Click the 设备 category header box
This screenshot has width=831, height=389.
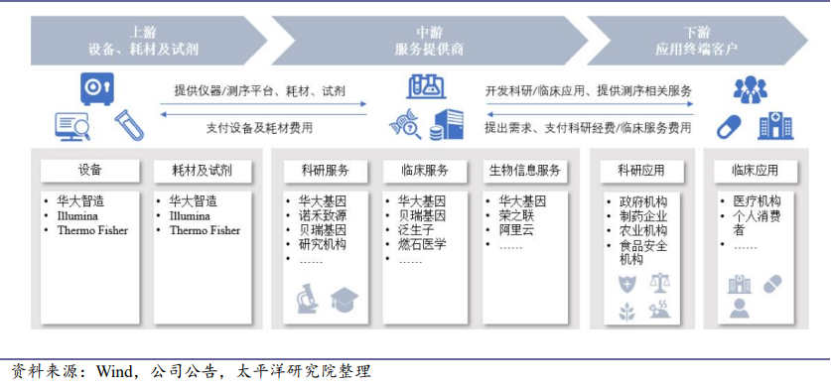(x=90, y=171)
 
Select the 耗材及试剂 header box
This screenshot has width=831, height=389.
(x=203, y=171)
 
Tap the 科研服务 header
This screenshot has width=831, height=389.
(x=326, y=171)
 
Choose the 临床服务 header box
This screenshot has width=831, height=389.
(x=425, y=171)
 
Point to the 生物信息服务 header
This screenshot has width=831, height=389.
(x=524, y=171)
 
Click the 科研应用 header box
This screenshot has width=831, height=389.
(x=641, y=171)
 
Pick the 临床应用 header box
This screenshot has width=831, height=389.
(x=755, y=171)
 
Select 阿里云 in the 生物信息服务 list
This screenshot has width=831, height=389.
(x=516, y=230)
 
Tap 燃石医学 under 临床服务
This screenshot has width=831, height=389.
(x=422, y=244)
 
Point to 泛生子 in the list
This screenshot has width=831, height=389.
(x=416, y=230)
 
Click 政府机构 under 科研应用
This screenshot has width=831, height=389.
(x=643, y=202)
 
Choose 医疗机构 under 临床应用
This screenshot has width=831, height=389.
(x=757, y=201)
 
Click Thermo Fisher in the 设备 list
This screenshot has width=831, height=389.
(x=92, y=230)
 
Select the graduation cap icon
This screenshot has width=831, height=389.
(x=345, y=299)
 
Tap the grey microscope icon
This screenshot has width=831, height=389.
(x=308, y=299)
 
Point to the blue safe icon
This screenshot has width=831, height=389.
(x=97, y=88)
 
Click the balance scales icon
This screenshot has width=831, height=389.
(x=660, y=284)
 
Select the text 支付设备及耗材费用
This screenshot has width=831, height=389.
(x=259, y=128)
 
